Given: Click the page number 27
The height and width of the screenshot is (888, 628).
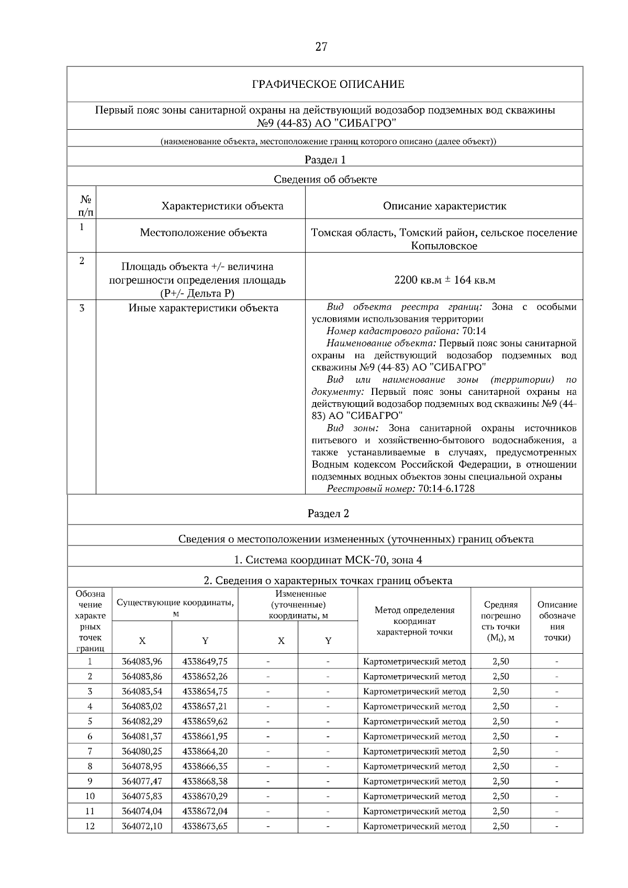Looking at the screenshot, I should pos(321,47).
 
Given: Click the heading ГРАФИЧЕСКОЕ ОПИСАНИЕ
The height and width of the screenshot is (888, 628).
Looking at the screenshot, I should pos(328,84).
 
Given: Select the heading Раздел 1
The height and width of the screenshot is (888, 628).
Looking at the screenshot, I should pos(325,160).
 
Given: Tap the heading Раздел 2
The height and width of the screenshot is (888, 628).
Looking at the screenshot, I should pos(328,514).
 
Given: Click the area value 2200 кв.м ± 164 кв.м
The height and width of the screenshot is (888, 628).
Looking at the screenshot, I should pos(444,280).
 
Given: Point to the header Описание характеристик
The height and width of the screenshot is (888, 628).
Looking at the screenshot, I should pos(444,206).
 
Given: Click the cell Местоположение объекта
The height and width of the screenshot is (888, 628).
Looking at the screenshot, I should pos(203,233).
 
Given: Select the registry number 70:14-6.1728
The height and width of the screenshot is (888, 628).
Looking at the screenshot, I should pos(446,488).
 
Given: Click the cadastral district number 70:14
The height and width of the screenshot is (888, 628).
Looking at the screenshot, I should pos(474,331).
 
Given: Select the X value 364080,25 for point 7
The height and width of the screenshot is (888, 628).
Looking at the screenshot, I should pos(142,751).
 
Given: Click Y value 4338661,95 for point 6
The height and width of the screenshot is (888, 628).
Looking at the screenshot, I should pos(205,736).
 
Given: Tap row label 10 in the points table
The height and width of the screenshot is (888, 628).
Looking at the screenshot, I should pos(90,796).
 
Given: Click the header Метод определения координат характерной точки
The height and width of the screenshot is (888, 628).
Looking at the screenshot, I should pos(414,621).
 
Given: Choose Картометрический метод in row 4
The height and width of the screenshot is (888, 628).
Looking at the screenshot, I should pos(414,707).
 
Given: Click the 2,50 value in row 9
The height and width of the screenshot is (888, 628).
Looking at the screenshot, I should pos(500,781).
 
